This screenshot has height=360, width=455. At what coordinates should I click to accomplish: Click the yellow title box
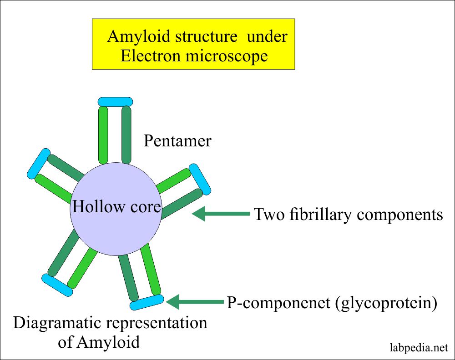193,44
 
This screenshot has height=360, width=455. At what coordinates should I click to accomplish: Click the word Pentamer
177,141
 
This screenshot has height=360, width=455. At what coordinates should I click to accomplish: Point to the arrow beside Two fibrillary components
221,214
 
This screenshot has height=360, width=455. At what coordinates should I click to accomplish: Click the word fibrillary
324,214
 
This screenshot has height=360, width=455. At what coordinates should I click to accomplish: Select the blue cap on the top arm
115,101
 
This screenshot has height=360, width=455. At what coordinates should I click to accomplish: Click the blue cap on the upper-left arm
38,163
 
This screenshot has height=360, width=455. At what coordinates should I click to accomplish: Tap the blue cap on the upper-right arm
200,178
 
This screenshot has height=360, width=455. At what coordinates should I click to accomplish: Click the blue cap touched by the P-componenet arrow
147,302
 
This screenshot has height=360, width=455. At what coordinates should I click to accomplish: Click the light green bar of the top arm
103,134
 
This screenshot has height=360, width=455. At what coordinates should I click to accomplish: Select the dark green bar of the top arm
126,134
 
